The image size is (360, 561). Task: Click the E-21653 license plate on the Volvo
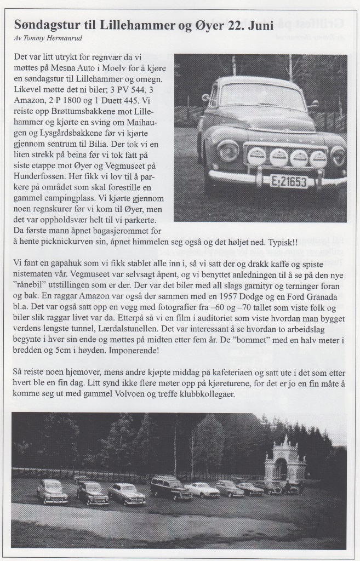click(x=288, y=181)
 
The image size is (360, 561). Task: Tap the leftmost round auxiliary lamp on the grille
click(x=257, y=156)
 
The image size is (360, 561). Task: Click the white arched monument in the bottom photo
click(x=284, y=461)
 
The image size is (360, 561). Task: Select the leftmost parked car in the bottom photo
click(x=52, y=491)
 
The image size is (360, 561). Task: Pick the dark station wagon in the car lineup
click(x=172, y=488)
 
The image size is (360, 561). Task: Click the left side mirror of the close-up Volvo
click(x=205, y=98)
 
